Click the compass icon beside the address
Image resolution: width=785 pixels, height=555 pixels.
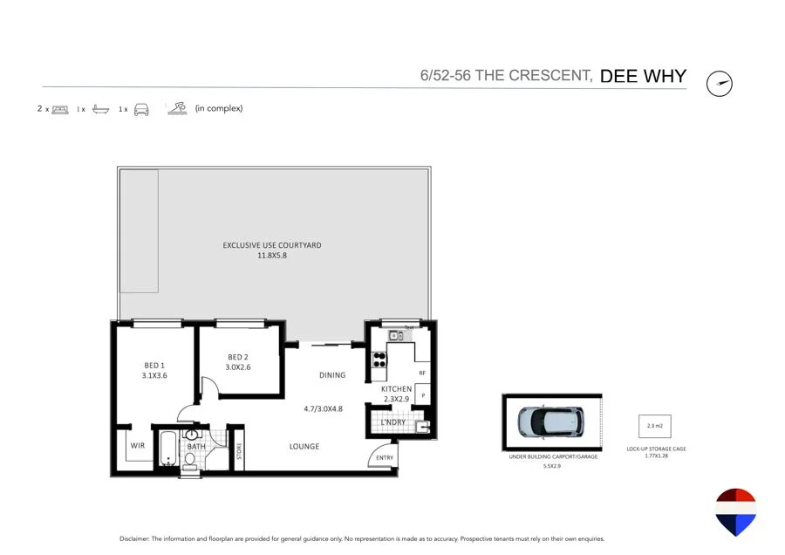[x=720, y=84]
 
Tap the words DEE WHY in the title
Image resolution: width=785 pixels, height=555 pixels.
[x=644, y=76]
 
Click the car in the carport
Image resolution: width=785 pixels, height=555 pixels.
[x=549, y=421]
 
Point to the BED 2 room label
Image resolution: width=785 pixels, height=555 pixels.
[x=238, y=357]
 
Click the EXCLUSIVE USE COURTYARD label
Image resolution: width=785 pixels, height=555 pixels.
[x=271, y=245]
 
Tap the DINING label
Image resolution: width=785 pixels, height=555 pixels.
[x=332, y=375]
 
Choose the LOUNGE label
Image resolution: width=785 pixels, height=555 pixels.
[x=304, y=446]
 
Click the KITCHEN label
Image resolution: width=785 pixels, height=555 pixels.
[x=396, y=388]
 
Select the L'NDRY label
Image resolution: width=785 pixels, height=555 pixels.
[x=393, y=422]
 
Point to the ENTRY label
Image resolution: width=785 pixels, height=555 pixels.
[x=384, y=457]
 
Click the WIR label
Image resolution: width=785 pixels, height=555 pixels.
[x=137, y=445]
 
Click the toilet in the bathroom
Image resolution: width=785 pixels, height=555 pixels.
[x=190, y=460]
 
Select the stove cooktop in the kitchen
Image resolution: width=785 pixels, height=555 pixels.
[x=379, y=358]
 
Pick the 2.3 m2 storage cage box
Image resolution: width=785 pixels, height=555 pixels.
[x=655, y=426]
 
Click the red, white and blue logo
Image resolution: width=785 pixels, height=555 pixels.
[x=735, y=511]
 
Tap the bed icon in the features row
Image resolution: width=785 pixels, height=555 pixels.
[x=59, y=109]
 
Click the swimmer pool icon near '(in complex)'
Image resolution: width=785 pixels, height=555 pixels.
[x=178, y=108]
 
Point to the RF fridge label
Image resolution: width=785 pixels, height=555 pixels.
[x=421, y=373]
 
